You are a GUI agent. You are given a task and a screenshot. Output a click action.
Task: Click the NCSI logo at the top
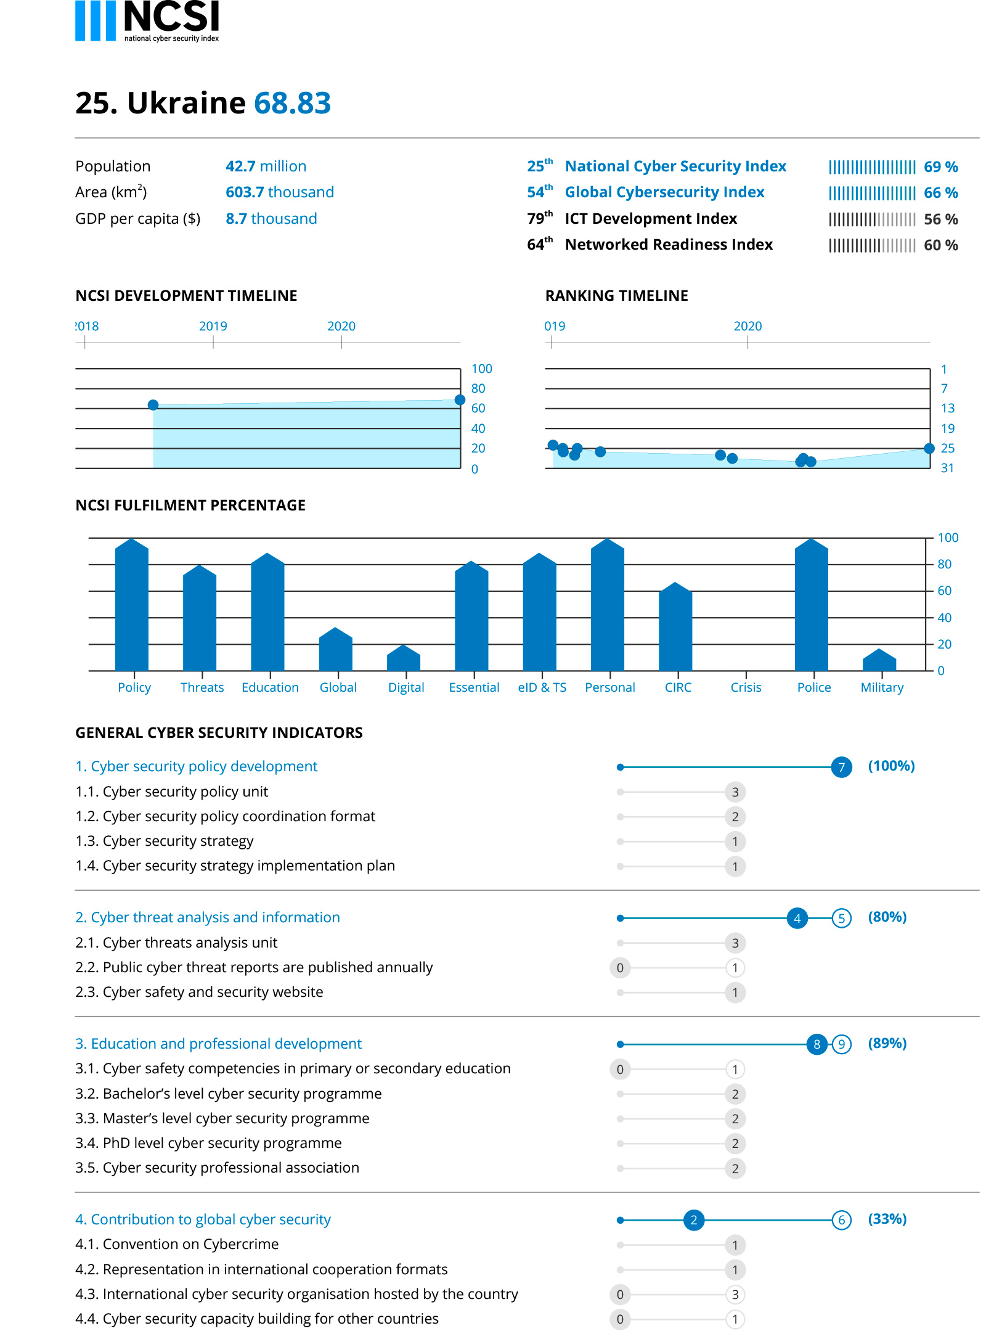147,21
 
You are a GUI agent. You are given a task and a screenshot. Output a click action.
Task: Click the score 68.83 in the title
292,103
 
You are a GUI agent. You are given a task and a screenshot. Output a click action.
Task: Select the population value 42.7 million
266,166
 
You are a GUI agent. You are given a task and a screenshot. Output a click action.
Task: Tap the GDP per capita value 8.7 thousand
271,219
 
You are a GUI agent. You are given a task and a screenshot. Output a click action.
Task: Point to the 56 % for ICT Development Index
940,219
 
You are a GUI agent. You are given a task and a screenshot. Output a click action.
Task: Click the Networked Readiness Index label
669,245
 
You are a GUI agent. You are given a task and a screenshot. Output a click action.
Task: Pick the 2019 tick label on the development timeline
213,326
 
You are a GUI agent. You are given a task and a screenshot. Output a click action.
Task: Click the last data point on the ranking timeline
929,448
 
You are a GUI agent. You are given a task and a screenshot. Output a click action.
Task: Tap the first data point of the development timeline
153,405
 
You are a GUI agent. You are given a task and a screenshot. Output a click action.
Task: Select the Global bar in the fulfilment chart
335,649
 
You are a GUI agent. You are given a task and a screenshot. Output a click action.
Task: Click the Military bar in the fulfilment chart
879,660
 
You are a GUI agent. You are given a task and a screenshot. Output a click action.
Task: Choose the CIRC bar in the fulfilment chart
675,626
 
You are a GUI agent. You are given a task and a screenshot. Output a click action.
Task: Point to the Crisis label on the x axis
746,687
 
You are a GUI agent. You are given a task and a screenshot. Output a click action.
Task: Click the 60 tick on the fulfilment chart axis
944,591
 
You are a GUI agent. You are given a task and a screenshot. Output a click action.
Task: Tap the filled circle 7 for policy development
841,768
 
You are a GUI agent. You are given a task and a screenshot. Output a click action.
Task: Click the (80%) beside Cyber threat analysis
887,917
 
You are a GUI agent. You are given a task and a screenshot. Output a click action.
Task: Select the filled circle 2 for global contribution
694,1220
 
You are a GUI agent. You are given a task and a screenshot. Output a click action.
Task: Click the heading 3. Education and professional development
218,1044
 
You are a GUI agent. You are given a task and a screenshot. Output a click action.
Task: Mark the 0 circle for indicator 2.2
620,968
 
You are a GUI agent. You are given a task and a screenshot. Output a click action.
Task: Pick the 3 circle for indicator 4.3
735,1295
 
